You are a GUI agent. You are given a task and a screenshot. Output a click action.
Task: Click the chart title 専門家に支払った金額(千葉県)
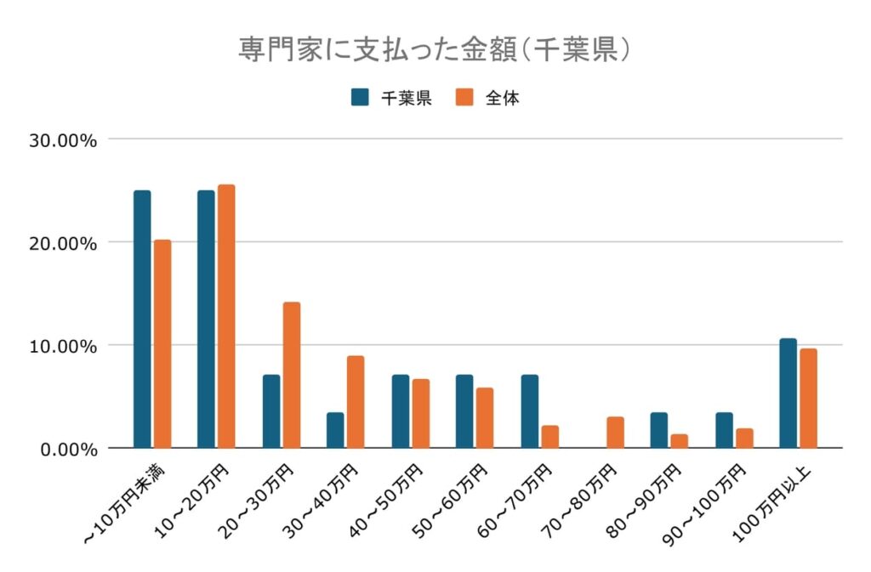click(x=435, y=48)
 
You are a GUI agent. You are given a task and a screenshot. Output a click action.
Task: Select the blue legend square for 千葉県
click(x=360, y=97)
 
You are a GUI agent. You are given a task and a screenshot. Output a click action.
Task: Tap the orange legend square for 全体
click(x=465, y=97)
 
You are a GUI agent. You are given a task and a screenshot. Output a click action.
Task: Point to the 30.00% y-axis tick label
click(x=64, y=140)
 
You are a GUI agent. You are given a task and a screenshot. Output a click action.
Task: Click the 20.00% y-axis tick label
click(x=64, y=243)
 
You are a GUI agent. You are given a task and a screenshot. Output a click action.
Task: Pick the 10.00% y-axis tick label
click(x=64, y=346)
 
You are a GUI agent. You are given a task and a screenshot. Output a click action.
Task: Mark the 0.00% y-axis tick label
click(x=69, y=449)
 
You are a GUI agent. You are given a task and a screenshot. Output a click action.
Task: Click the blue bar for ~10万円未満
click(x=142, y=319)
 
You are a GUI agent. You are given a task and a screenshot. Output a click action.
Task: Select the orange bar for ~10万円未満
click(x=162, y=343)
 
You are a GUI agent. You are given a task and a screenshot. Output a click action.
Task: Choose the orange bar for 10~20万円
click(x=226, y=316)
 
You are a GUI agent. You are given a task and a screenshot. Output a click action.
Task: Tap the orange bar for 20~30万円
click(x=292, y=375)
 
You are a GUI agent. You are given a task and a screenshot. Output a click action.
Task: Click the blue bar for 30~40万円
click(x=335, y=430)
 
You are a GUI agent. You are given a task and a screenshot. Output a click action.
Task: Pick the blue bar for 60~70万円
click(x=530, y=411)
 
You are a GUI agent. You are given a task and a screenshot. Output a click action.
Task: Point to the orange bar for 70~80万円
click(x=615, y=433)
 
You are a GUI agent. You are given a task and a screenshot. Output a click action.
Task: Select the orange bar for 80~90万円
click(x=679, y=441)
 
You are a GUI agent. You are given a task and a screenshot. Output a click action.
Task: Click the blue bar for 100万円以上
click(x=788, y=393)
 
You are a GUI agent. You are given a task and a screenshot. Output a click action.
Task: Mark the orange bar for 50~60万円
click(x=485, y=417)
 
